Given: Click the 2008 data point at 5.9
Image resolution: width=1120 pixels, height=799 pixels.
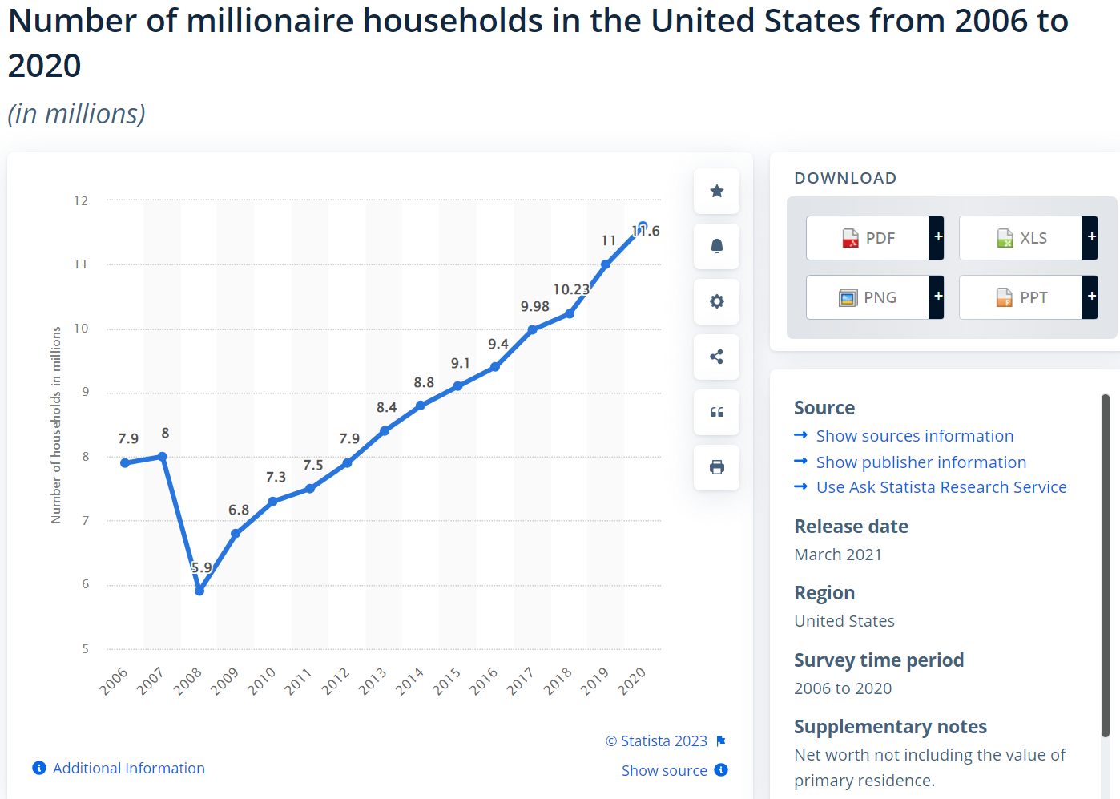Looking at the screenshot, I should pos(199,591).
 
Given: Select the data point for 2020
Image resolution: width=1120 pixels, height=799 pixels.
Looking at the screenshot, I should pos(643,227).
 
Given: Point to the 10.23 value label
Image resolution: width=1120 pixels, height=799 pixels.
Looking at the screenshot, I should pos(571,289).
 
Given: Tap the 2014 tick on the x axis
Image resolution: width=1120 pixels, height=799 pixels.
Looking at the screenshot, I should pos(409,681).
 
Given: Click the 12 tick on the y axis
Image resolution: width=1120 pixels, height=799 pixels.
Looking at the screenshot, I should pos(81,200).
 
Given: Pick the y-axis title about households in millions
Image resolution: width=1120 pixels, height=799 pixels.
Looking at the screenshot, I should pos(56,425).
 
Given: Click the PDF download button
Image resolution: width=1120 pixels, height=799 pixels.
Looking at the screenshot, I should pos(868,238).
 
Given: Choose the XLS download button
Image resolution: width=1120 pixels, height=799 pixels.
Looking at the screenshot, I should pos(1021,238).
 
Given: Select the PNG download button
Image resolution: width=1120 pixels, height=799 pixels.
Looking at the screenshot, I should pos(868,297).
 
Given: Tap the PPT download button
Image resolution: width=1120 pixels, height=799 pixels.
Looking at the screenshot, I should pos(1021,297).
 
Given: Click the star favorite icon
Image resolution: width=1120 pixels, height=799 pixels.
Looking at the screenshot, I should pos(717,191).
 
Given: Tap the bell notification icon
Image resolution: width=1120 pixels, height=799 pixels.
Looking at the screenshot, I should pos(717,246).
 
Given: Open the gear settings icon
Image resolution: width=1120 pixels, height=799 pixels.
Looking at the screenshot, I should pos(717,301).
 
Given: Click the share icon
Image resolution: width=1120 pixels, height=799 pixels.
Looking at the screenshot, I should pos(717,357).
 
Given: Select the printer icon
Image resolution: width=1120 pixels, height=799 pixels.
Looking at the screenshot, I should pos(717,467).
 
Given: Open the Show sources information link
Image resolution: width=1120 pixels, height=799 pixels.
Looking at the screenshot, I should pos(914,436).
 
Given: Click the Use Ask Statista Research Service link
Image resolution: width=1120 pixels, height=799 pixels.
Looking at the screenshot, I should pos(941,487).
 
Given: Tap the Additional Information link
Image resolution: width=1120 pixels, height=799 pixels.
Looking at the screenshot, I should pos(128,768).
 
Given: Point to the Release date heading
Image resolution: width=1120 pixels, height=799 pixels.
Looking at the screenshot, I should pos(851,527).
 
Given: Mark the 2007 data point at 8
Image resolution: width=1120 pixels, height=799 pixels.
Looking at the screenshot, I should pos(163,457).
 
